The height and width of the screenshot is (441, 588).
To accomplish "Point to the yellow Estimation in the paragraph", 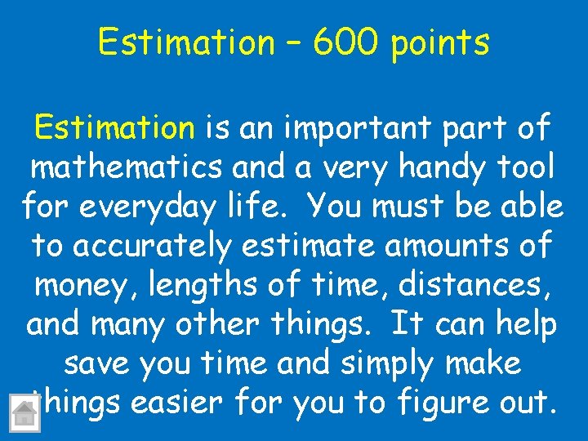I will click(x=114, y=128).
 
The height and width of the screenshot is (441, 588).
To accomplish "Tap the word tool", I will click(x=522, y=167).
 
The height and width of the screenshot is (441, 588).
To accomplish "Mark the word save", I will click(x=100, y=363).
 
